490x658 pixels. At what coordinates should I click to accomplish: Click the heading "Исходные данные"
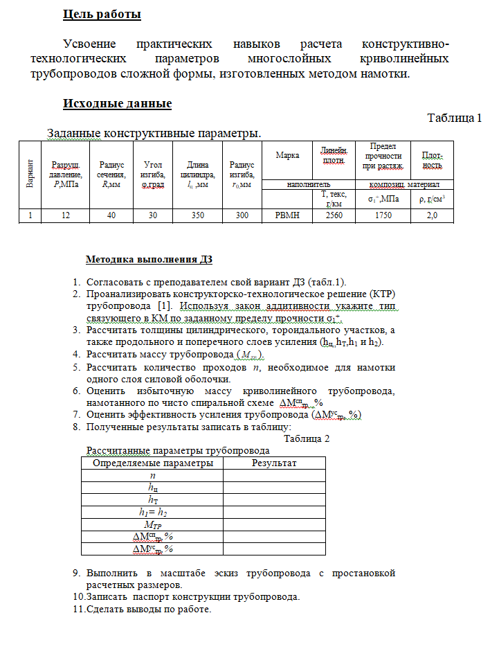pyautogui.click(x=117, y=104)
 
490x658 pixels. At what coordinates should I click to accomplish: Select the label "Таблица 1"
pyautogui.click(x=454, y=118)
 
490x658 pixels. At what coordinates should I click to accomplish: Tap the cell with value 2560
pyautogui.click(x=329, y=215)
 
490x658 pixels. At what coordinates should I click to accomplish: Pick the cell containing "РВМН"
pyautogui.click(x=287, y=215)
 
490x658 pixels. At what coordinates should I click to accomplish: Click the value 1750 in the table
pyautogui.click(x=383, y=215)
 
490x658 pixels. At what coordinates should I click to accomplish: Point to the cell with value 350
pyautogui.click(x=198, y=215)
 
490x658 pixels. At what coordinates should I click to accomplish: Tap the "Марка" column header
pyautogui.click(x=287, y=155)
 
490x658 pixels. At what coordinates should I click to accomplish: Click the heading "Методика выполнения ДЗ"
pyautogui.click(x=149, y=260)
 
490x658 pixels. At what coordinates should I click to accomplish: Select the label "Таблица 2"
pyautogui.click(x=307, y=439)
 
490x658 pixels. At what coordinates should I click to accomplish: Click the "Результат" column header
pyautogui.click(x=274, y=463)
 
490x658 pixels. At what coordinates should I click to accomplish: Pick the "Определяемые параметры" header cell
pyautogui.click(x=153, y=463)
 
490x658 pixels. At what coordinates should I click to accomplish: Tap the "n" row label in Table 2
pyautogui.click(x=153, y=476)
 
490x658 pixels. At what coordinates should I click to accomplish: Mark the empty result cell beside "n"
pyautogui.click(x=274, y=476)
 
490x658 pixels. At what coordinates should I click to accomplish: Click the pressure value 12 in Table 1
pyautogui.click(x=65, y=215)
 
